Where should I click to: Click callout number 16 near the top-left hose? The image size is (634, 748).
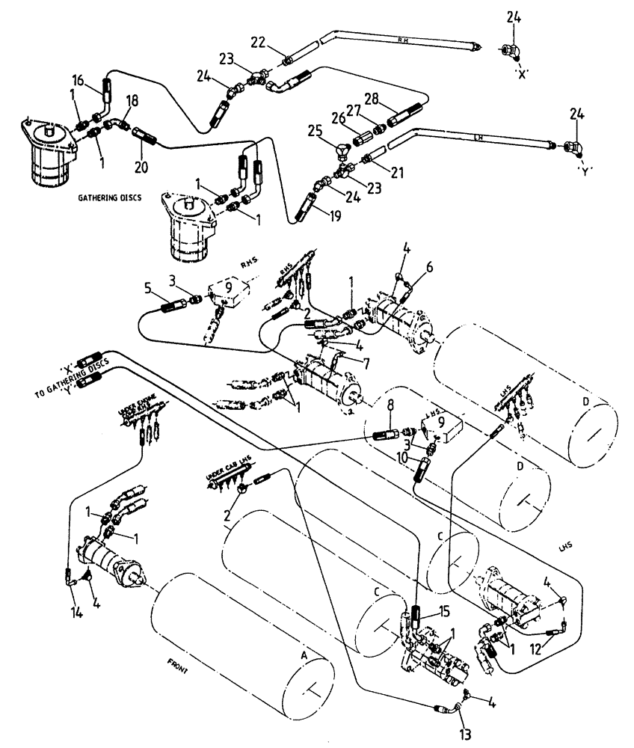[x=79, y=79]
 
